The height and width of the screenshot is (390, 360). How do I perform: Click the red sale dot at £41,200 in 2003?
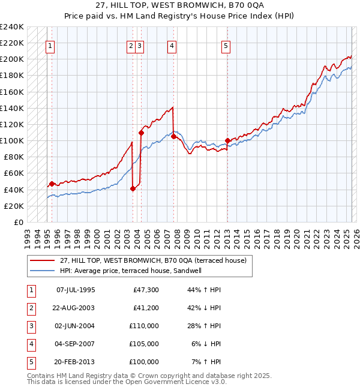(133, 188)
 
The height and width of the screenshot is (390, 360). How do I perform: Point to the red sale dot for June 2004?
(141, 133)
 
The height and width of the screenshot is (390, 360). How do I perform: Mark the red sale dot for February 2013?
(227, 141)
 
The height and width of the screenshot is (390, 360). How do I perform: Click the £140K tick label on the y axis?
(12, 109)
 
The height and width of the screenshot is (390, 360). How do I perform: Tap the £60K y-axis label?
(14, 173)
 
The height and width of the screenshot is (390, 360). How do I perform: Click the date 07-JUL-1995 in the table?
(76, 290)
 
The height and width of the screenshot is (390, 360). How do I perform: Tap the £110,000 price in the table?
(145, 326)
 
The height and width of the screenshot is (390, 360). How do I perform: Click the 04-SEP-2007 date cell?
(76, 344)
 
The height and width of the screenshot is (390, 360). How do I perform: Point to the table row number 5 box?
(29, 362)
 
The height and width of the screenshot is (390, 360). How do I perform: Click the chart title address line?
(180, 6)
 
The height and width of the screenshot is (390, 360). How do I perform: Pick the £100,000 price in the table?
(145, 362)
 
